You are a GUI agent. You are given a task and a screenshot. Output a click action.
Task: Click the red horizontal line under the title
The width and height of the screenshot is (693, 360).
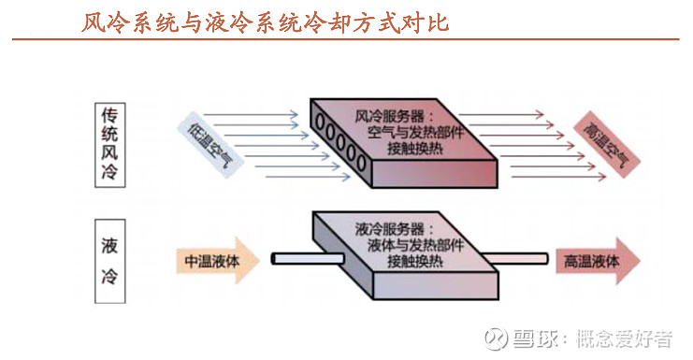tap(346, 39)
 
